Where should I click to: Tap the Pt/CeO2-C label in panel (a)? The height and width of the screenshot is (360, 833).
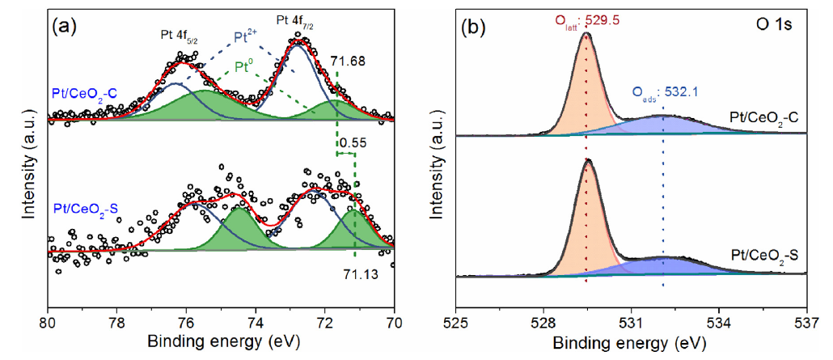[86, 94]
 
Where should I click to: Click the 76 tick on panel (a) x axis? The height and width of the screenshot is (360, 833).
[187, 322]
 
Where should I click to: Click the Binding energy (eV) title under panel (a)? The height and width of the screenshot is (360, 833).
[220, 343]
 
